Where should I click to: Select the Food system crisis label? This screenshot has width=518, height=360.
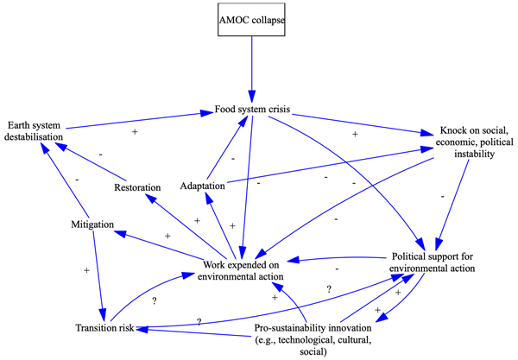coord(252,111)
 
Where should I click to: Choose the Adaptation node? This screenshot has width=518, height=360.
coord(203,186)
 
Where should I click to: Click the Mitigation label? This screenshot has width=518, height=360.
coord(92,224)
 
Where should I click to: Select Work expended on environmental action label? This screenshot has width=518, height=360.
coord(243,270)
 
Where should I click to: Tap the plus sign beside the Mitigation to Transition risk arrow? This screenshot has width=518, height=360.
coord(85,270)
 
